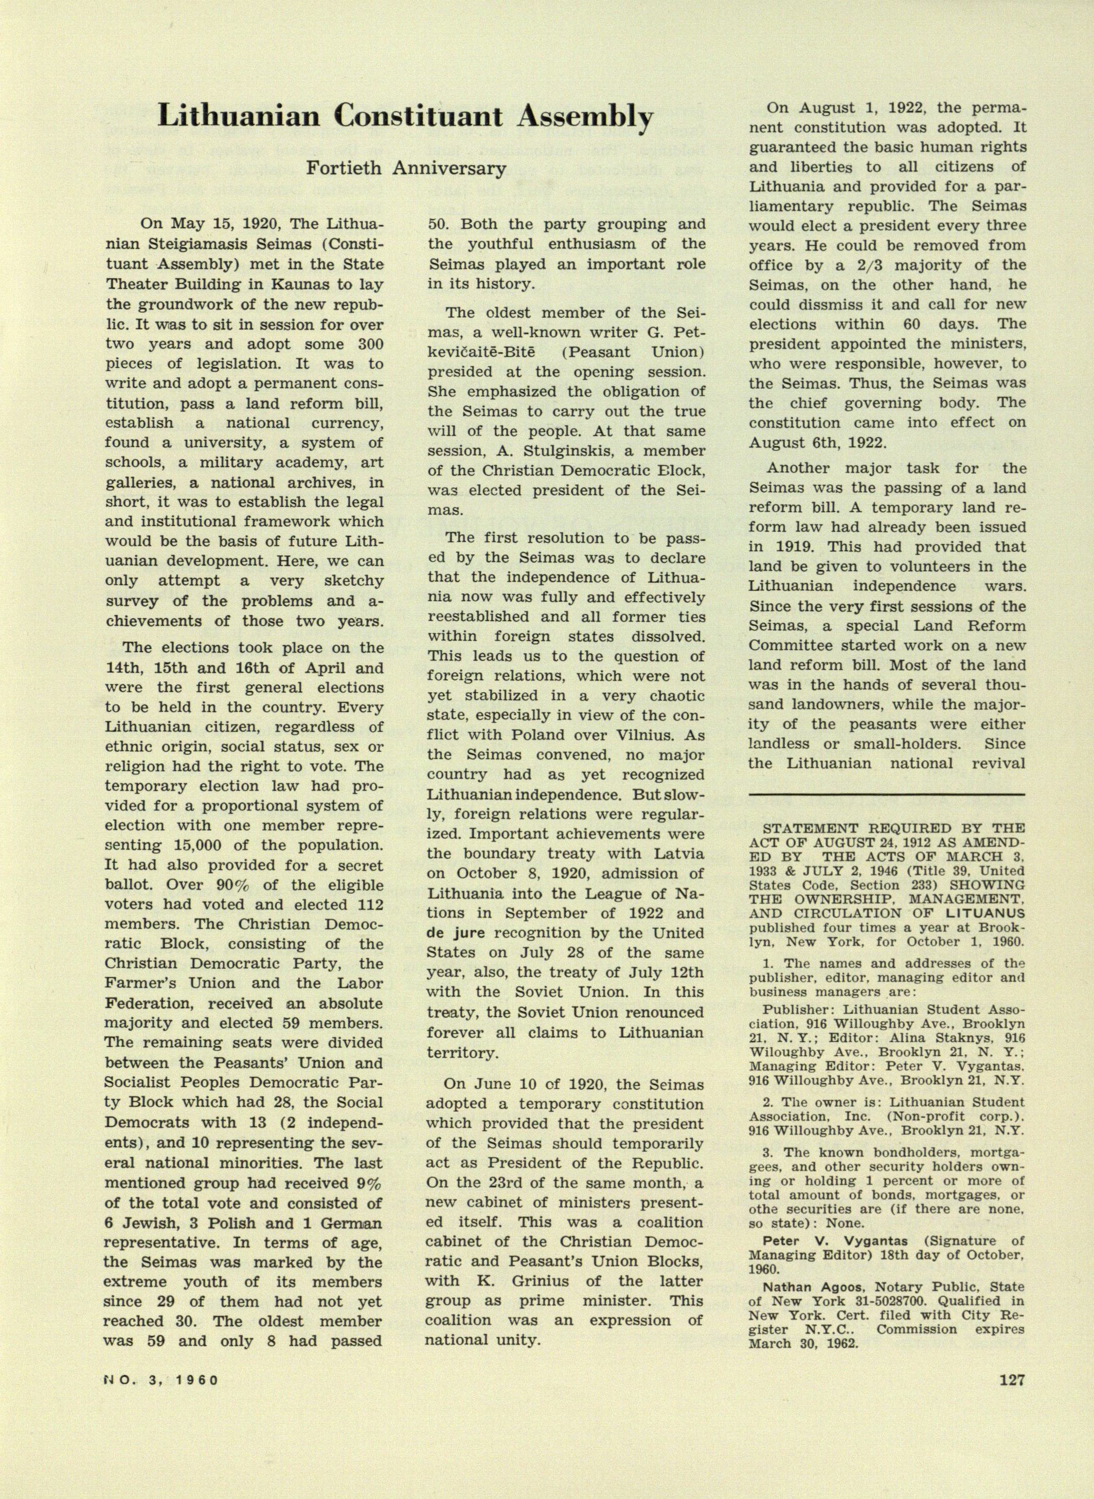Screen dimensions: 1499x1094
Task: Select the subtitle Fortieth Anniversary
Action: tap(405, 168)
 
